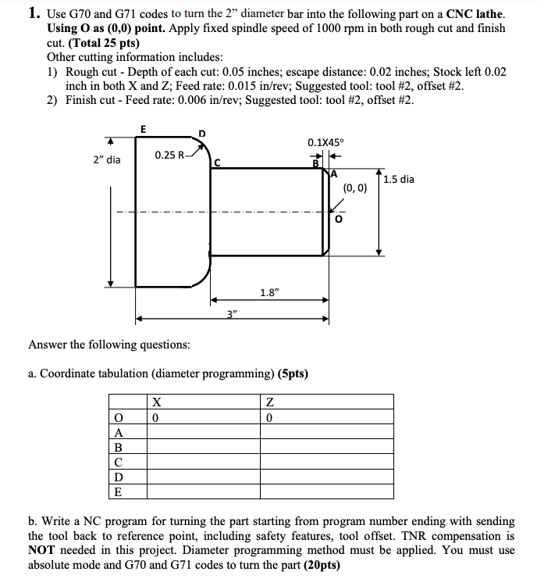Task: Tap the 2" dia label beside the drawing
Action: [x=106, y=159]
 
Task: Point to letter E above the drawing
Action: [x=141, y=128]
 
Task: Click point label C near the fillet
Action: [x=219, y=163]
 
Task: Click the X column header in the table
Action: [x=157, y=402]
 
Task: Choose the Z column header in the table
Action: [x=270, y=402]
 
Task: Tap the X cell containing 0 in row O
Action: [x=157, y=417]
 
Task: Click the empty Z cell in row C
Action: [x=328, y=463]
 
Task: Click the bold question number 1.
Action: [x=34, y=13]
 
